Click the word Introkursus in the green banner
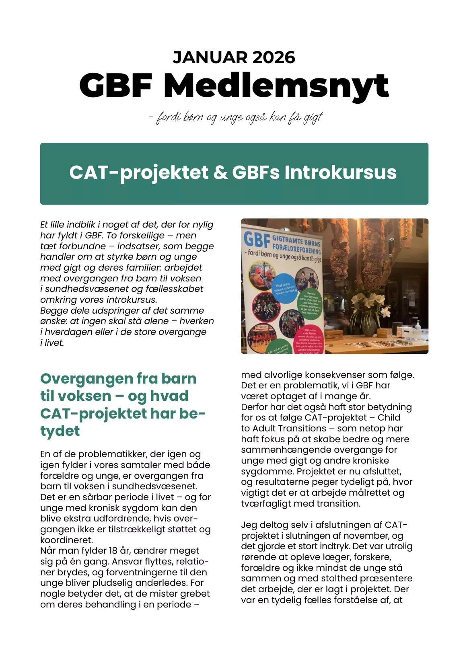tap(340, 173)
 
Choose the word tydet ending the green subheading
tap(60, 431)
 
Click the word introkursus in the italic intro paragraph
tap(132, 300)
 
